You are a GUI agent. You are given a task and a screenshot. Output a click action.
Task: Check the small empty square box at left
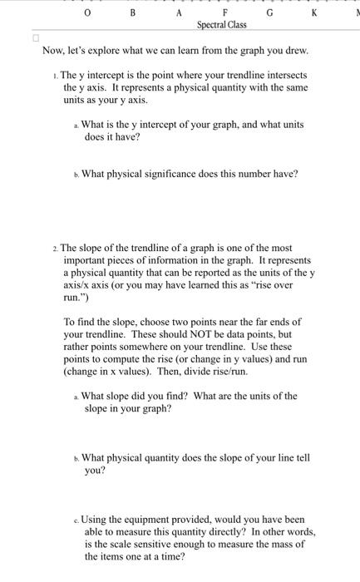(36, 39)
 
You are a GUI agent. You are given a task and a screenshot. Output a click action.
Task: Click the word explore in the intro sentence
(110, 52)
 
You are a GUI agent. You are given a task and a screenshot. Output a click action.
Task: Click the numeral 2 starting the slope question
(53, 247)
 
